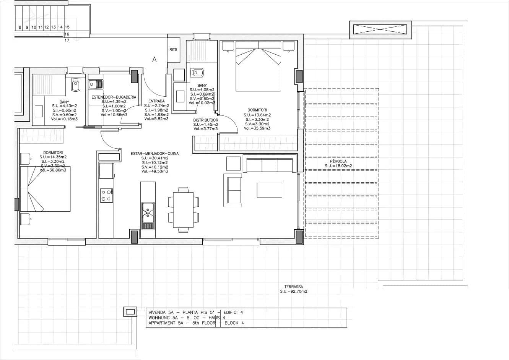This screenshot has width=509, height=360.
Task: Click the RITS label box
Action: [173, 50]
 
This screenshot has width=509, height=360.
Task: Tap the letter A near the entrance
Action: [154, 60]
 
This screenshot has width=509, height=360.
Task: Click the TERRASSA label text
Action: [294, 287]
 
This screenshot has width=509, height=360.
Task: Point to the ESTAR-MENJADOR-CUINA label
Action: [154, 154]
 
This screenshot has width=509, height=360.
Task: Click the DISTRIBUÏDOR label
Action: [205, 120]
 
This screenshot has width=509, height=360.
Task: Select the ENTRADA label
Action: [156, 101]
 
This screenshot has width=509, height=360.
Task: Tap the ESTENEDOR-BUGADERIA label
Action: [114, 97]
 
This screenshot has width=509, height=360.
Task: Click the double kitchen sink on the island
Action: [148, 213]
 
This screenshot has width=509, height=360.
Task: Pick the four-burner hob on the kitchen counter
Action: [106, 195]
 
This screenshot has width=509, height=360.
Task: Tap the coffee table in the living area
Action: [270, 190]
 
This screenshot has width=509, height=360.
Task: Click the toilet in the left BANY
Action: [76, 85]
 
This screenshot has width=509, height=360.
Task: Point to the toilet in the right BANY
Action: [198, 73]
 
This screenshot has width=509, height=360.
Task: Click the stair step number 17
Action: [67, 40]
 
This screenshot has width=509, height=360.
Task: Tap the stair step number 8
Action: [20, 28]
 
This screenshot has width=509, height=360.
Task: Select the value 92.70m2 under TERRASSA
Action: [298, 291]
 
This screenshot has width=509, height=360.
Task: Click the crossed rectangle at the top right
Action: [381, 29]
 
